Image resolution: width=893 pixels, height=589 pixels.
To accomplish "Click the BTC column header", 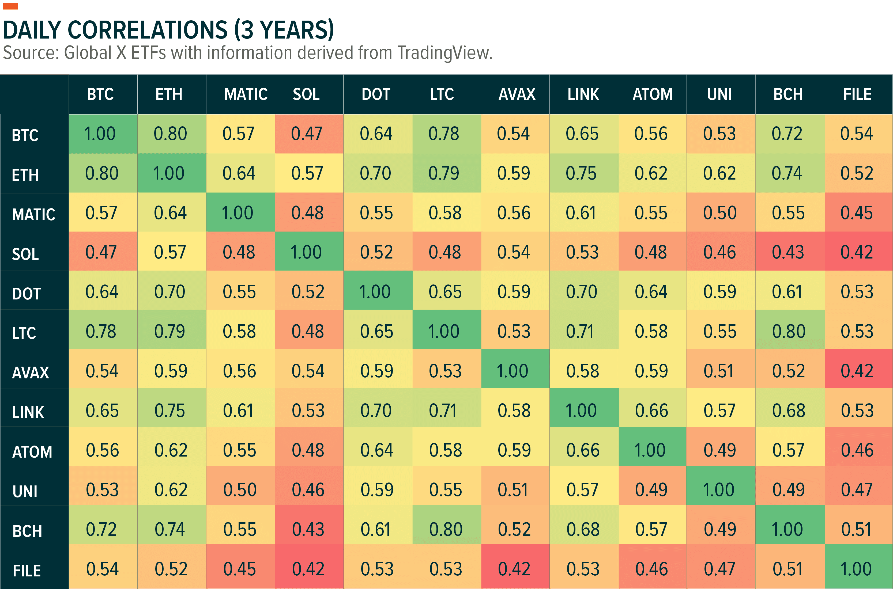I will pos(100,94).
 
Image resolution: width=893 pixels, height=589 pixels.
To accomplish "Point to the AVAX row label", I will pos(31,373).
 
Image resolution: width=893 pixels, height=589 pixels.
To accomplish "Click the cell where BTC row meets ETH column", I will pos(170,134).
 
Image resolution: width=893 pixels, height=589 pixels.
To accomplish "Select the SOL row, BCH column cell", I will pos(788,252).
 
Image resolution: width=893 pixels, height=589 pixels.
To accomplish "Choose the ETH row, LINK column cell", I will pos(581,173).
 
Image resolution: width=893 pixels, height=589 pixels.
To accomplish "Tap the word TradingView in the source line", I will pos(444,53).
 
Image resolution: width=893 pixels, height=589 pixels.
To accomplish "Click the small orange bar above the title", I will pos(10,6).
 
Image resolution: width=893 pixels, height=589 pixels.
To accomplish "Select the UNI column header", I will pos(719,94).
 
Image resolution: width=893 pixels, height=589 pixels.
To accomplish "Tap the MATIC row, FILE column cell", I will pos(857,212).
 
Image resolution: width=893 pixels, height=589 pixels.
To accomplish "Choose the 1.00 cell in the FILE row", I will pos(856,569).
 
